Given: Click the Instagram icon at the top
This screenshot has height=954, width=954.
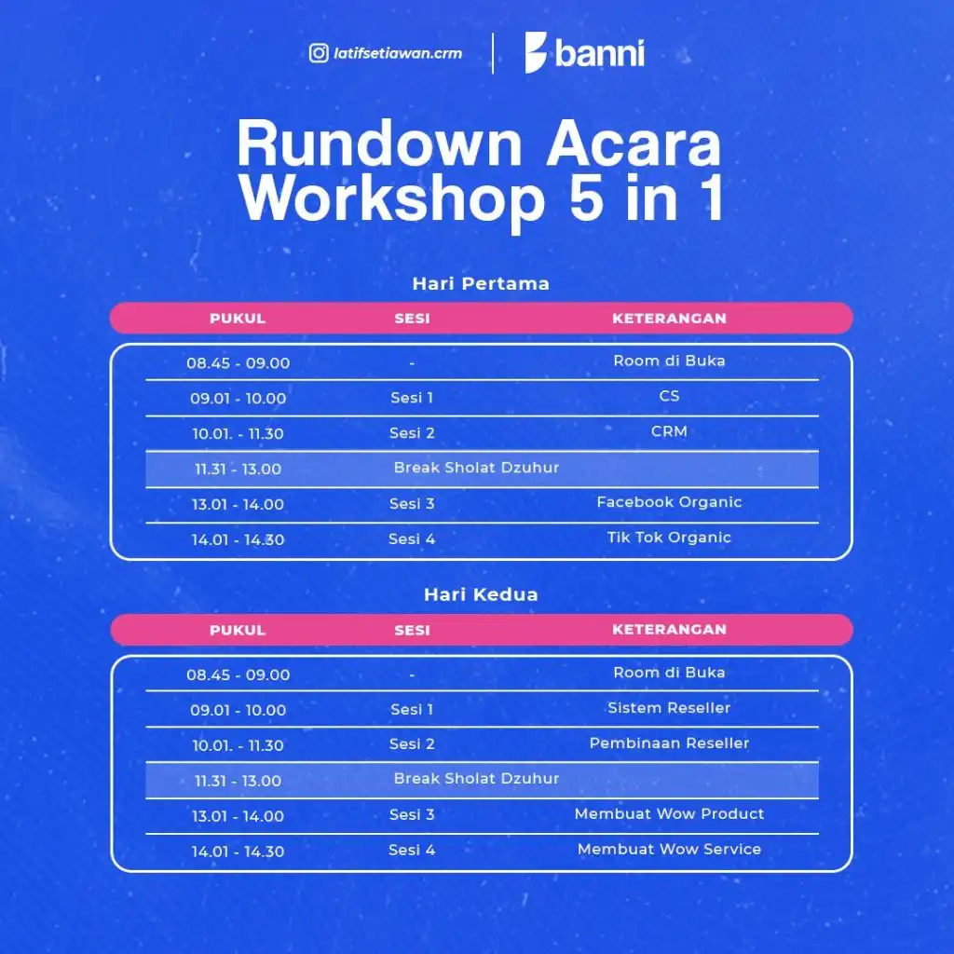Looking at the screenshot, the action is pos(319,53).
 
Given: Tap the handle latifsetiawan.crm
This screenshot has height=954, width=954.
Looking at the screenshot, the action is pos(398,53).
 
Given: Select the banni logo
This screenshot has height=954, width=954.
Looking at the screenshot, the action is pos(584,53).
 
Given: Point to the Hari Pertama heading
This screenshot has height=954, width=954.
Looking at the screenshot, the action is pos(481,283).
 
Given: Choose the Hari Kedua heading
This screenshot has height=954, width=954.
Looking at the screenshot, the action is pos(481,594).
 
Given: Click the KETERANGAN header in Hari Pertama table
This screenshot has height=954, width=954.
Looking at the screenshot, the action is pos(669,319).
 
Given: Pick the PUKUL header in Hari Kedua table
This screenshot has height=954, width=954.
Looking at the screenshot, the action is pos(238,630).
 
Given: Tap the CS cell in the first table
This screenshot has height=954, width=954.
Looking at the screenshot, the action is pos(669,396).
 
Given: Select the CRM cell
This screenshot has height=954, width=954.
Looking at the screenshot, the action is pos(669,431).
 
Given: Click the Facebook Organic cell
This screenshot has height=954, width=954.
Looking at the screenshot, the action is pos(669,502).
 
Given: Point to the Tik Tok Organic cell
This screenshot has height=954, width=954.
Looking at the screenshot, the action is pos(669,538).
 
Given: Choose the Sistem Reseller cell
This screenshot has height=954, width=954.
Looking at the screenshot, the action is pos(669,708).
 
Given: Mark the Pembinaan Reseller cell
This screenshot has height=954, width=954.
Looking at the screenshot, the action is pos(669,743).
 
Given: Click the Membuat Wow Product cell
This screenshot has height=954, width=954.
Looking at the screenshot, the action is pos(669,814).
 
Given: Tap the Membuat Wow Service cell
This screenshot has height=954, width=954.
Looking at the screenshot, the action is pos(669,850).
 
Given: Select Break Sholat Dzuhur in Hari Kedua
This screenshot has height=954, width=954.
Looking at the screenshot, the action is pos(476,779).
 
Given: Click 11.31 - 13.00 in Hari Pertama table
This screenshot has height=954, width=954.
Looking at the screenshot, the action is pos(238,470).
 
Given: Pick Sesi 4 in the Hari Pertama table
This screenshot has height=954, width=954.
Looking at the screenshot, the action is pos(412,539).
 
